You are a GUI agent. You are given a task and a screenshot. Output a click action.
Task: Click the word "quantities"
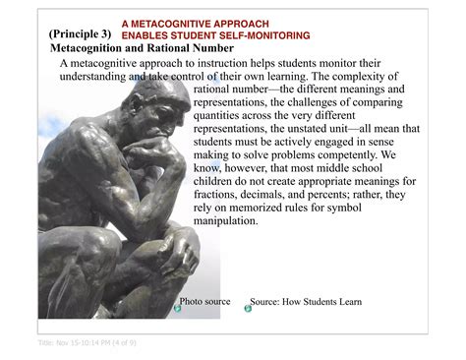pos(222,115)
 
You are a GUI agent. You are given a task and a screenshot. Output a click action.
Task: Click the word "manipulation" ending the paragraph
pos(226,221)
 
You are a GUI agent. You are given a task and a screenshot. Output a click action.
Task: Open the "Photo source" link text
pos(204,301)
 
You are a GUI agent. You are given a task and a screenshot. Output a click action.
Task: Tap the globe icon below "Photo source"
pos(178,309)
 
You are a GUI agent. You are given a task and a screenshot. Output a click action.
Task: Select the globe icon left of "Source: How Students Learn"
pos(248,309)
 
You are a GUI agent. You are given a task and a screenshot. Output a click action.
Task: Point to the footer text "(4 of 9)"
pos(122,342)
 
